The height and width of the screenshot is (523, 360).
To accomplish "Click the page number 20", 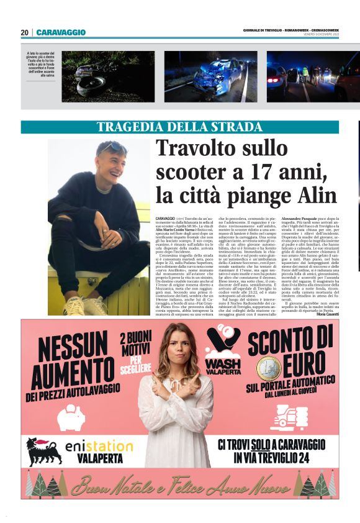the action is pos(25,32).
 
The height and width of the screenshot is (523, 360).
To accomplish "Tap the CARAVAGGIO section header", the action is pos(61,32).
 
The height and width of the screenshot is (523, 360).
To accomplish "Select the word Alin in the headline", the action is pos(316,195).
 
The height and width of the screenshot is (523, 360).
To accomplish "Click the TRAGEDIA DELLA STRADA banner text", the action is pos(180,127).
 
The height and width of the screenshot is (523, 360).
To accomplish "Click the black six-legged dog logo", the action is pos(44,451).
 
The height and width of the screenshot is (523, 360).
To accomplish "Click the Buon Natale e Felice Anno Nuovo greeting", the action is pos(180,484).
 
